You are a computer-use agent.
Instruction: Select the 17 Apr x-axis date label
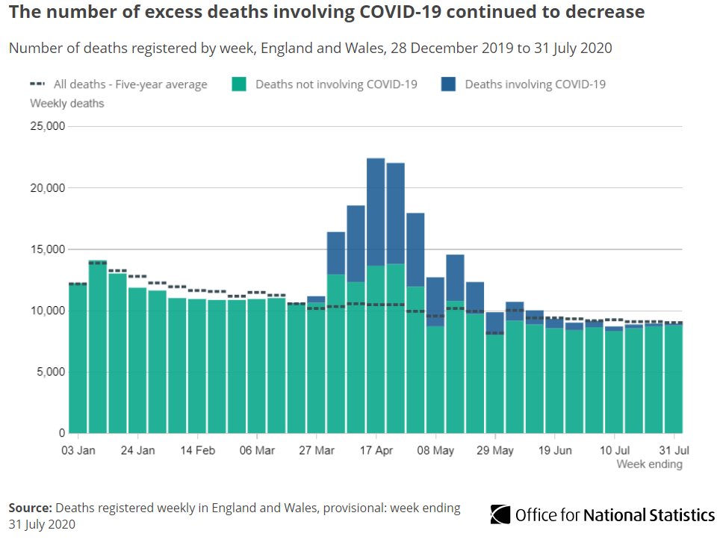point(376,450)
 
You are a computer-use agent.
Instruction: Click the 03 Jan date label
point(78,450)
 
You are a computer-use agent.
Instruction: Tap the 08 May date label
point(436,450)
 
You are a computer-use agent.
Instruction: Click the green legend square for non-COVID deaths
point(239,84)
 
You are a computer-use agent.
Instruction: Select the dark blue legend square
point(448,84)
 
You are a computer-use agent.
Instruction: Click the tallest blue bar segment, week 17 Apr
point(376,212)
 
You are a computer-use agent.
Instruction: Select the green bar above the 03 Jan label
point(78,358)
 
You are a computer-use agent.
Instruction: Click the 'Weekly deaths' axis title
point(67,103)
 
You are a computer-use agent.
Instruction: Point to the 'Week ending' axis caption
point(649,464)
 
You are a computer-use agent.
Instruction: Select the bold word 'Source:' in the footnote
point(31,508)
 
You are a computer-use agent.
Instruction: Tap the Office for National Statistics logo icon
point(500,514)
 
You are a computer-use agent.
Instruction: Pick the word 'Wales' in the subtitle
point(369,49)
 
